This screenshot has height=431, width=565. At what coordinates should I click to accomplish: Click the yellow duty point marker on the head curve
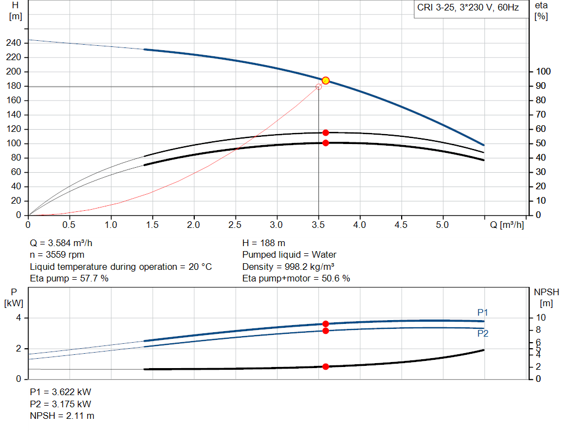[326, 81]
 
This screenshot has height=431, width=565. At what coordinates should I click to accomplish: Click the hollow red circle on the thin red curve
[318, 87]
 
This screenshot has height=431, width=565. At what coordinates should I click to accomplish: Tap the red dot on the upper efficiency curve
[326, 132]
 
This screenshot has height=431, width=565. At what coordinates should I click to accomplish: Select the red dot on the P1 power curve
[326, 324]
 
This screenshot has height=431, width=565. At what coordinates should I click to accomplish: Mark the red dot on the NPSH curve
[326, 366]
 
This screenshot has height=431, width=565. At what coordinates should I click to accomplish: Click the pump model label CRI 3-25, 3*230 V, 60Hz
[468, 9]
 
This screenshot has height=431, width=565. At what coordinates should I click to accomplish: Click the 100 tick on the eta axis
[543, 72]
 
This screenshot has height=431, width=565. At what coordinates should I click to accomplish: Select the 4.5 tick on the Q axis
[401, 225]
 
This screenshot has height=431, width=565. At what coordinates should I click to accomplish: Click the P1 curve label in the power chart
[483, 313]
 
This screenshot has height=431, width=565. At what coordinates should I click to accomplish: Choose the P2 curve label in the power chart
[483, 333]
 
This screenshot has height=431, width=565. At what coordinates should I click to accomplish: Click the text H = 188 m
[264, 243]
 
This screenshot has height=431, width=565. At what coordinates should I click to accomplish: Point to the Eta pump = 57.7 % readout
[69, 279]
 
